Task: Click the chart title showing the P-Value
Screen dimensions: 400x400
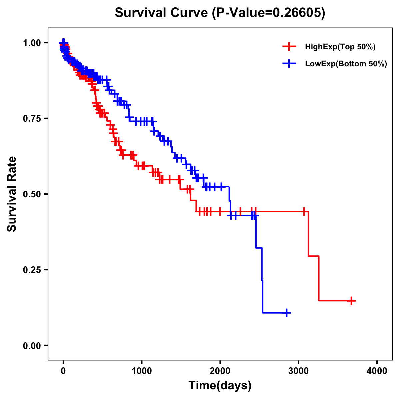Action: tap(220, 13)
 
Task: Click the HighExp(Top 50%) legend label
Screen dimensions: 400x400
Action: tap(340, 47)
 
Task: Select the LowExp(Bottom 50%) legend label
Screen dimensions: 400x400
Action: tap(346, 64)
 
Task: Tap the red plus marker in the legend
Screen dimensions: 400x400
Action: tap(289, 47)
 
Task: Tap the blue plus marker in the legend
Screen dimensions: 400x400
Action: tap(289, 64)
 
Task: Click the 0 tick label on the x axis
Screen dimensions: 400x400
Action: tap(63, 371)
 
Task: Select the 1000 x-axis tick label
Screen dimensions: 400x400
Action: tap(142, 371)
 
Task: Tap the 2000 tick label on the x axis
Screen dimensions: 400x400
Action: tap(220, 371)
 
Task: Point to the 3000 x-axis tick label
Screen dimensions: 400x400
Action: tap(299, 371)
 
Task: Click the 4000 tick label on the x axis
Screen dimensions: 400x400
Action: tap(377, 371)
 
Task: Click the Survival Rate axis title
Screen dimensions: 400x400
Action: tap(12, 194)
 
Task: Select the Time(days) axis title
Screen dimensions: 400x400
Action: tap(220, 386)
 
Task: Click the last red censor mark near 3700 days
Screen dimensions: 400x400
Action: tap(351, 301)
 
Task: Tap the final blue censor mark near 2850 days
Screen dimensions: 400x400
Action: tap(286, 313)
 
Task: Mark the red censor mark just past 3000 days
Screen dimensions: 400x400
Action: tap(304, 211)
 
